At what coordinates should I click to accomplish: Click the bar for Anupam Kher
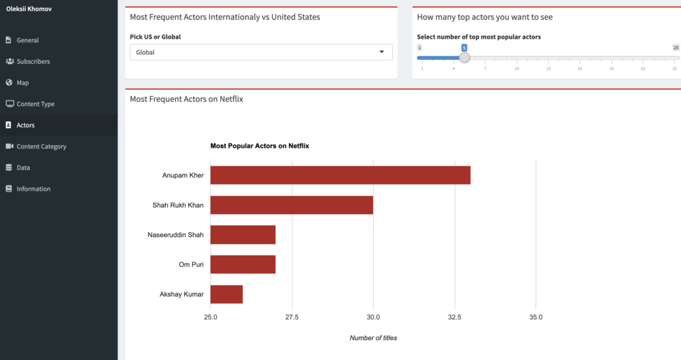340,175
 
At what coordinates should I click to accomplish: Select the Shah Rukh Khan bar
291,205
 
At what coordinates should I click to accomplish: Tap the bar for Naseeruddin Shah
243,235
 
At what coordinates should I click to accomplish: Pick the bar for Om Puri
243,264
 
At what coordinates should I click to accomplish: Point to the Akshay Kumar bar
227,294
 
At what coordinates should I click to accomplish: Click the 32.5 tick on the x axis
454,317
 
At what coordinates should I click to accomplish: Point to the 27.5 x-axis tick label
292,317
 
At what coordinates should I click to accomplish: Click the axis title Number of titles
373,338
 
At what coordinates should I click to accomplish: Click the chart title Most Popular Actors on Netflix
259,146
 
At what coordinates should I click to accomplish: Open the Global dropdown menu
261,52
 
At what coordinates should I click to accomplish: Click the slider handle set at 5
464,58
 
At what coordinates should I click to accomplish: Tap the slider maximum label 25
676,48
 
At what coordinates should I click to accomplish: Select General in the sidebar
27,40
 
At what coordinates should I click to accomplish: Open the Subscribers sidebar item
33,61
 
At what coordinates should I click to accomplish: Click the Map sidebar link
22,83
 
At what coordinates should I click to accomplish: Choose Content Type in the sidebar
35,104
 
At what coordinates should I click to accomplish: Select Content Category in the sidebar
41,146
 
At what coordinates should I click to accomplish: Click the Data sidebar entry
23,168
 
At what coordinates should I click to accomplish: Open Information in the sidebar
33,189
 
